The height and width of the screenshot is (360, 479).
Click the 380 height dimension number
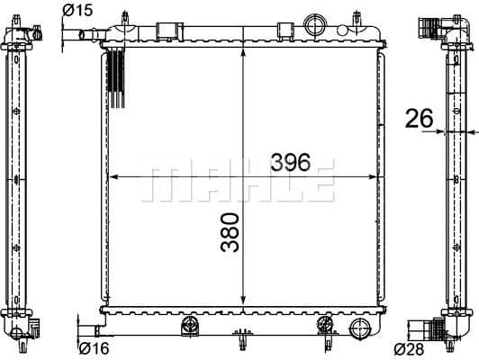click(x=230, y=231)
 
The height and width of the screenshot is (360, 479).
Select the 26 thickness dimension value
click(x=420, y=118)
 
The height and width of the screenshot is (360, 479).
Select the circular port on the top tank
click(x=315, y=23)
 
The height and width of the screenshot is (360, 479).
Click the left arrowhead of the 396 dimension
click(x=112, y=178)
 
